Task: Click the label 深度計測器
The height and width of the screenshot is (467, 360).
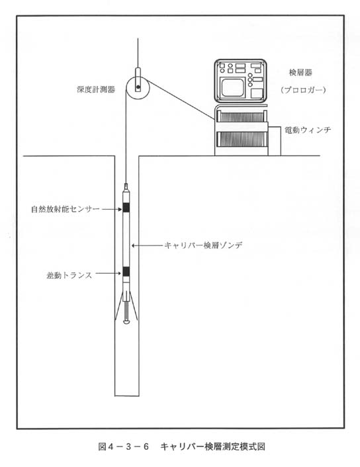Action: click(96, 89)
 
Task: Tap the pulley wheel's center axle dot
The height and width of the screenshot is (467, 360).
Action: click(138, 87)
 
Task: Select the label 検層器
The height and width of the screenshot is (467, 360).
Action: click(300, 72)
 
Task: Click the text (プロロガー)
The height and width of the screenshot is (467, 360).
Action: click(303, 90)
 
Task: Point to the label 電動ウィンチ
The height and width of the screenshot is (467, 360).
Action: click(308, 130)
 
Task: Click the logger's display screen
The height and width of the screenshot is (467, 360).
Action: click(233, 87)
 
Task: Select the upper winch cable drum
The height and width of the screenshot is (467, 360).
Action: click(242, 116)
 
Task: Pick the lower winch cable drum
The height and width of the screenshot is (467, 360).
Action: click(242, 139)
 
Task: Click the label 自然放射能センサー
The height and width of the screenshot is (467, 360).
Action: click(66, 209)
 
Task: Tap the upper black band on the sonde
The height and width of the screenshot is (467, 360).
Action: click(126, 208)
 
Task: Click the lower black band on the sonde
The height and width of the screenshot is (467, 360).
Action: click(126, 271)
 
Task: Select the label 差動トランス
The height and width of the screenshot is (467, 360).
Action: click(69, 275)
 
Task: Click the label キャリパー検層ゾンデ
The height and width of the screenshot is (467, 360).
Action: click(203, 245)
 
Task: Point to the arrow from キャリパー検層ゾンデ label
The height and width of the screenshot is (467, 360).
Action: click(147, 245)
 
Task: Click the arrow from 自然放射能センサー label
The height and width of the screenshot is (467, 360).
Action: click(112, 210)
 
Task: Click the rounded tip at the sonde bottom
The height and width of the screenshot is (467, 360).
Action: click(126, 321)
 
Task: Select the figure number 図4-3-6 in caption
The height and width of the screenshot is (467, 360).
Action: click(123, 446)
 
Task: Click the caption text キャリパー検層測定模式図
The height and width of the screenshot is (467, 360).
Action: click(212, 446)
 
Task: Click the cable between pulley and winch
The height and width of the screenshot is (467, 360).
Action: click(180, 99)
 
